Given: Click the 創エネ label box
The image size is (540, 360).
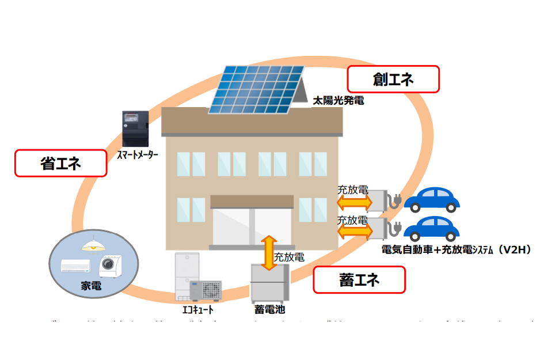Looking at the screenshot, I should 393,79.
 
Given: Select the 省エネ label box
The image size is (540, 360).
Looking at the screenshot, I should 60,164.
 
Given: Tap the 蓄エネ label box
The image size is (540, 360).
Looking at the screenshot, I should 359,281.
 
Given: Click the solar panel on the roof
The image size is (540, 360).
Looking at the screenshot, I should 257,89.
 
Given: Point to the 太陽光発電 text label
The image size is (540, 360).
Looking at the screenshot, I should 338,100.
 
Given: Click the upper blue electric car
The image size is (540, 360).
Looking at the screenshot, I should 432,199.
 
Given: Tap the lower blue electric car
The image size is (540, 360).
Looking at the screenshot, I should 432,229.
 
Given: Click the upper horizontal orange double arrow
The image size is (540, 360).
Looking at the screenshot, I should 353,202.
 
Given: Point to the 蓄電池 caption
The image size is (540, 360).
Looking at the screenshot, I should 269,309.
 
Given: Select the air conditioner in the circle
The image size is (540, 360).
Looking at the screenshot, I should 75,266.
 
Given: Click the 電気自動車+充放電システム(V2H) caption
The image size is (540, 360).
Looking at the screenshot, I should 455,249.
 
